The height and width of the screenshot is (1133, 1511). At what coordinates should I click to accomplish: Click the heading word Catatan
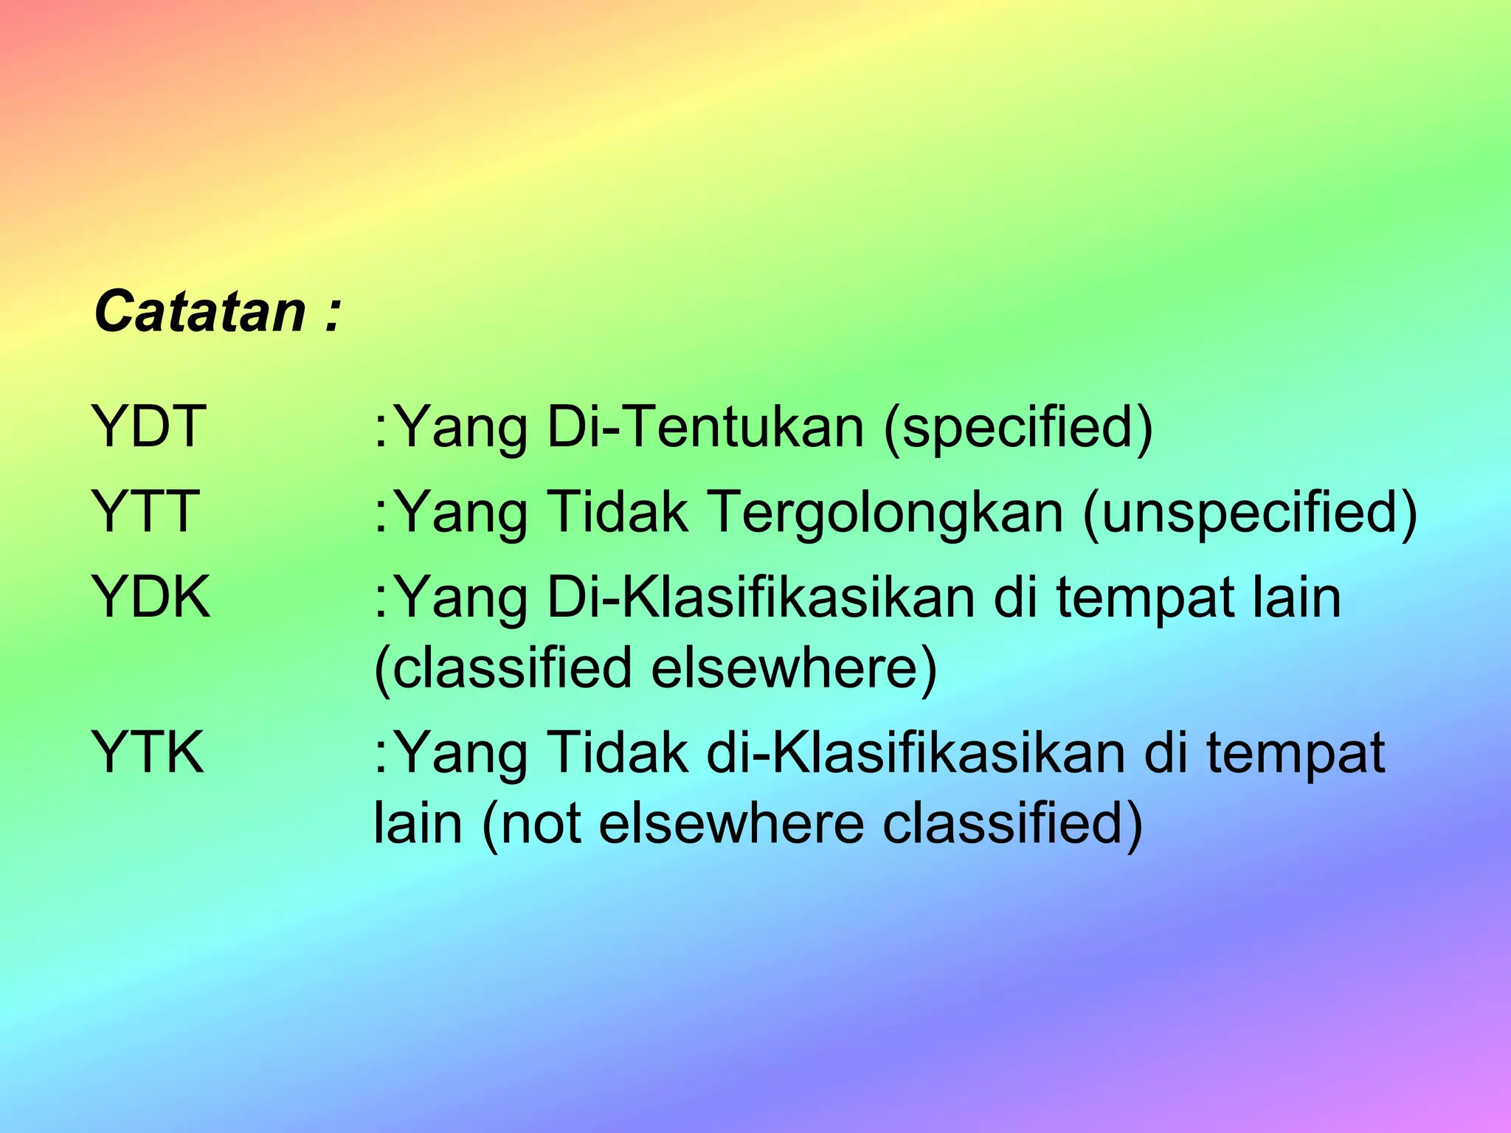click(200, 311)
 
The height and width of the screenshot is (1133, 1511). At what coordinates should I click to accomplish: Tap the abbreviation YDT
click(148, 427)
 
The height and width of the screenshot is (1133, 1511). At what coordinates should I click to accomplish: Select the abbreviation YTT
click(145, 512)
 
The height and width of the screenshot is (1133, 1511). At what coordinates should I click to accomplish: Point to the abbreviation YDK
click(151, 597)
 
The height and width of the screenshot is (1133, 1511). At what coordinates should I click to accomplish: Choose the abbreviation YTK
click(148, 752)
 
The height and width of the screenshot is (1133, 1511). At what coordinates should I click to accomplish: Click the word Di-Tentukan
click(705, 427)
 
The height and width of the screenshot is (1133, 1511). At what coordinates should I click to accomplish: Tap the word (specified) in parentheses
click(1018, 429)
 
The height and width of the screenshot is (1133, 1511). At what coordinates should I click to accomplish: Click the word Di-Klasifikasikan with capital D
click(761, 597)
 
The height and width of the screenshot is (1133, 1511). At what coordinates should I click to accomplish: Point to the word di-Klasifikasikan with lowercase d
click(916, 752)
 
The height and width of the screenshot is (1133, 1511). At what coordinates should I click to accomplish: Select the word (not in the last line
click(531, 824)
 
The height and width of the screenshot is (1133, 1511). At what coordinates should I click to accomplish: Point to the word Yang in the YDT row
click(464, 429)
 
